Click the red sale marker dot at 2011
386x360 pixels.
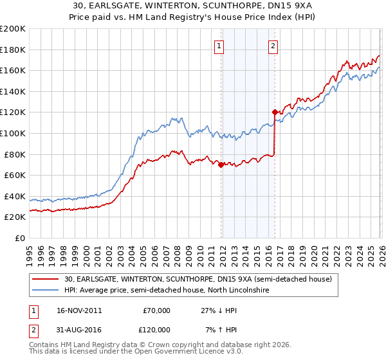pos(221,165)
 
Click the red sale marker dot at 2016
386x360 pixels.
pos(275,112)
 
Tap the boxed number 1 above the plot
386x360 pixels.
pos(220,46)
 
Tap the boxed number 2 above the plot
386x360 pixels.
pos(273,46)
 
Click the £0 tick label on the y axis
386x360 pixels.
pos(20,238)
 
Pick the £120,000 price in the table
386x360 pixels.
pos(156,330)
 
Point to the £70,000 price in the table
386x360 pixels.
pos(156,310)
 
